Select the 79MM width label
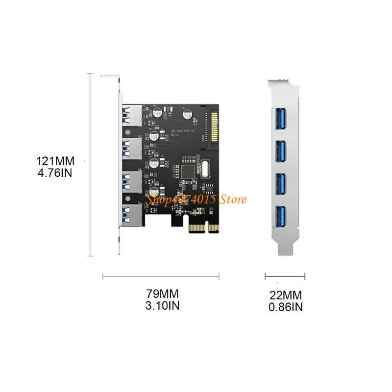(x=163, y=294)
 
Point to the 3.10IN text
(x=163, y=306)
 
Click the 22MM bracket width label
(x=286, y=295)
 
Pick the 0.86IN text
(x=286, y=307)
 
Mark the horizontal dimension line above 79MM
(x=160, y=278)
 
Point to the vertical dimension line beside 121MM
(x=89, y=164)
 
